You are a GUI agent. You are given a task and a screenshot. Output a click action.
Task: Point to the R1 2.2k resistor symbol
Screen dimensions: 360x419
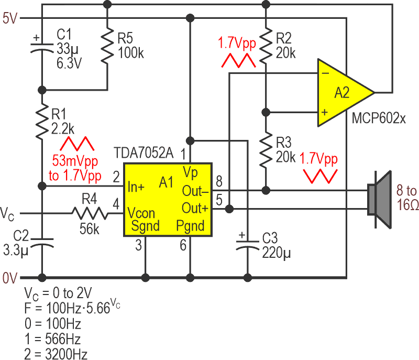(x=42, y=122)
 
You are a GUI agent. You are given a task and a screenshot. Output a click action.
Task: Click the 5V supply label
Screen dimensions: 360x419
(x=10, y=18)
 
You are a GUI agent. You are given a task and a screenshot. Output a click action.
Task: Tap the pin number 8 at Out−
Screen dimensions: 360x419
(x=219, y=181)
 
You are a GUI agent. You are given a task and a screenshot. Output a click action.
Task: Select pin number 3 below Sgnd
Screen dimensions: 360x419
(x=139, y=244)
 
